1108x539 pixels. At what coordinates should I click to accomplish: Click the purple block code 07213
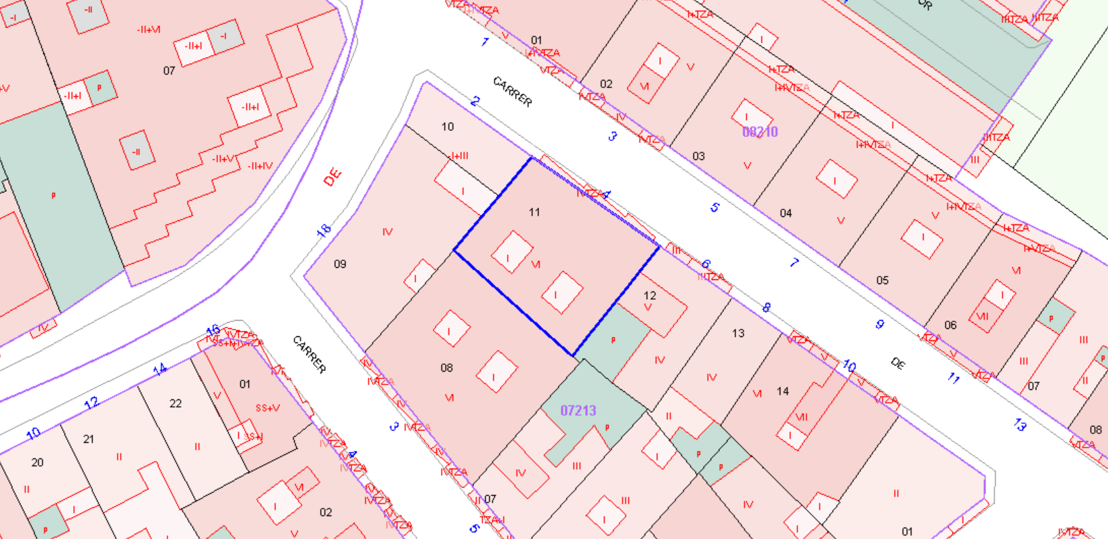coord(578,410)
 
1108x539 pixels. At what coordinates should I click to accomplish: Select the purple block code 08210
coord(760,132)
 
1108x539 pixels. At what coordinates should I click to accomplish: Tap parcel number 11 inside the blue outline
coord(534,212)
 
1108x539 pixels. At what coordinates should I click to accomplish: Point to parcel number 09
coord(340,264)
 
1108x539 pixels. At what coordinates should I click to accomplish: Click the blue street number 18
coord(324,231)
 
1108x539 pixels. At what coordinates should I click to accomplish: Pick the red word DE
coord(333,177)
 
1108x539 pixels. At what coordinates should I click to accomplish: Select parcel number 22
coord(175,403)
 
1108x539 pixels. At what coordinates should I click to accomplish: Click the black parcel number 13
coord(738,333)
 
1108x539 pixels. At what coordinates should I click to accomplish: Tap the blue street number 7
coord(794,263)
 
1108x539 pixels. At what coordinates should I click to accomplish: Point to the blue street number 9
coord(879,324)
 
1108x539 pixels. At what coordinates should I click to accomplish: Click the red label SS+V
coord(268,408)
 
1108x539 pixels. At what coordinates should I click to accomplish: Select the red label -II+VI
coord(148,30)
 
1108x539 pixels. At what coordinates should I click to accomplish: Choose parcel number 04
coord(786,213)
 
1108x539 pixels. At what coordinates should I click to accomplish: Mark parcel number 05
coord(882,280)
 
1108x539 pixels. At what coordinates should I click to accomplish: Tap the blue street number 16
coord(213,330)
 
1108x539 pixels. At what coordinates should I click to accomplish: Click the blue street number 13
coord(1020,425)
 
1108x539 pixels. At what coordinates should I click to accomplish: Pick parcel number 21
coord(89,439)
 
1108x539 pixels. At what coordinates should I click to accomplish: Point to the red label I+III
coord(459,156)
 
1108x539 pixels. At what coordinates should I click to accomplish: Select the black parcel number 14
coord(783,391)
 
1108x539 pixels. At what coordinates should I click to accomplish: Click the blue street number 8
coord(766,307)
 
